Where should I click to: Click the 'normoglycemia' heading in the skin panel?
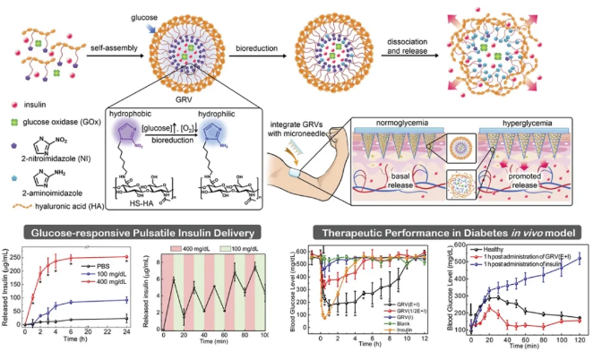click(396, 116)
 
